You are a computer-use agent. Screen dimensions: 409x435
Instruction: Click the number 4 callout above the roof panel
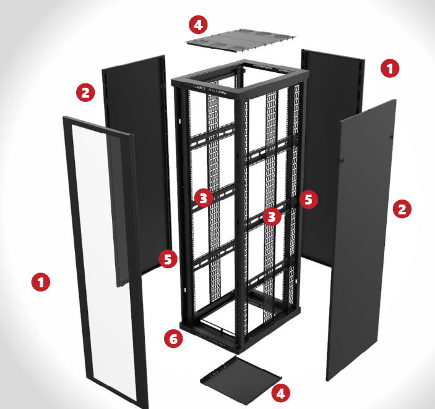coord(197,25)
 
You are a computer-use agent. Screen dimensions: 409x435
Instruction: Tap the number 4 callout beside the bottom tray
coord(280,392)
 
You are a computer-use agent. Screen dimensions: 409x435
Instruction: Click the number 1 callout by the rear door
coord(389,68)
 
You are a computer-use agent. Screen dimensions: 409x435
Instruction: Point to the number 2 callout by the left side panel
coord(85,93)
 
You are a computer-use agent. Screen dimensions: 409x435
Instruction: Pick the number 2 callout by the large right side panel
coord(402,209)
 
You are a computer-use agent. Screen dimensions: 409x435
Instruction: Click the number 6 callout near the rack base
coord(174,339)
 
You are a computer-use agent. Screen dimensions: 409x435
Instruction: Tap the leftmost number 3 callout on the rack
coord(203,198)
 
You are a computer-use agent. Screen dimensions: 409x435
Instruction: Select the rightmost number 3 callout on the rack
coord(271,217)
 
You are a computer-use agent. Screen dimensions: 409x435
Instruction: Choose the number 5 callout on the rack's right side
coord(309,199)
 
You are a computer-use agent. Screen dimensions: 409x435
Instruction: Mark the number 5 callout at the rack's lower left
coord(168,258)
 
